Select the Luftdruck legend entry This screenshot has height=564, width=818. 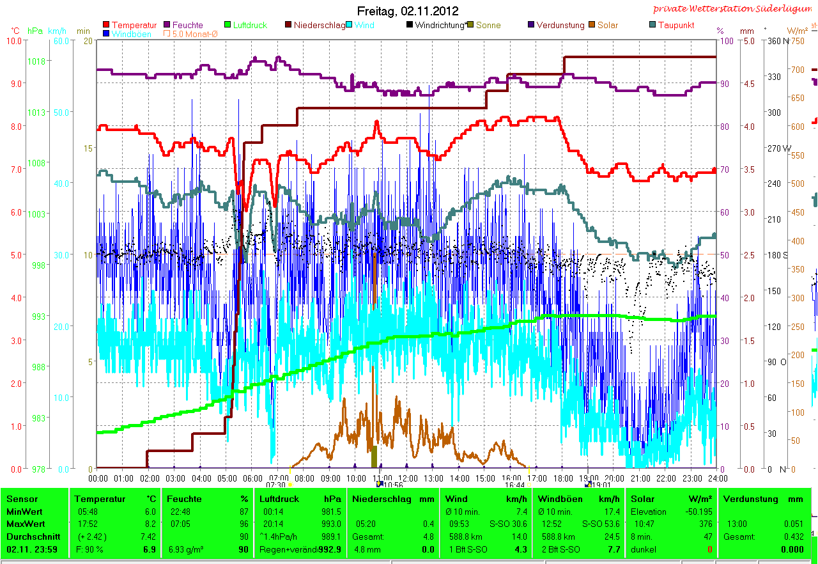click(250, 25)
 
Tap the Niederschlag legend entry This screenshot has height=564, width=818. click(319, 25)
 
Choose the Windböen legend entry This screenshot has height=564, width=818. click(131, 34)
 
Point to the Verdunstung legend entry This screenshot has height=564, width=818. click(560, 25)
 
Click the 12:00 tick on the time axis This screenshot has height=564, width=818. click(408, 478)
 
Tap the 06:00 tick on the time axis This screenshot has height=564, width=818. click(252, 478)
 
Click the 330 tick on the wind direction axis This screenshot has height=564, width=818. click(773, 77)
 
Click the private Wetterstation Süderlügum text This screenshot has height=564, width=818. click(734, 9)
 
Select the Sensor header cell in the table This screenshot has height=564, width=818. click(22, 499)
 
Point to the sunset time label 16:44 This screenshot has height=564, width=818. click(514, 485)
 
